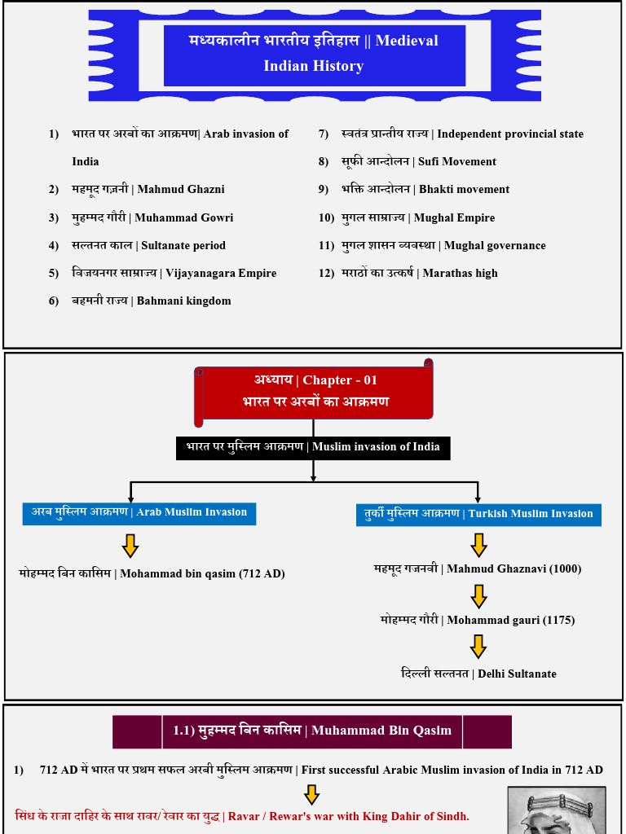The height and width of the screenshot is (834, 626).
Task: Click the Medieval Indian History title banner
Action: pyautogui.click(x=314, y=55)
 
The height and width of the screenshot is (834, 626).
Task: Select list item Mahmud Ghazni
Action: pyautogui.click(x=148, y=190)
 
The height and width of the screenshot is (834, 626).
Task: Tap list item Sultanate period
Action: pyautogui.click(x=148, y=246)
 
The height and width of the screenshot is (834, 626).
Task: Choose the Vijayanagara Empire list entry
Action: pyautogui.click(x=174, y=274)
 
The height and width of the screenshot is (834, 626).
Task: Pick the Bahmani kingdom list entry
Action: pyautogui.click(x=151, y=301)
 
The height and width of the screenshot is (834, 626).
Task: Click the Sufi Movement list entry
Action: pyautogui.click(x=418, y=162)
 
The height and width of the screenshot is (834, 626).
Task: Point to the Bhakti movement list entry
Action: pyautogui.click(x=425, y=190)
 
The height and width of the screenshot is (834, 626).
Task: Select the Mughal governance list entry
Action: pyautogui.click(x=443, y=246)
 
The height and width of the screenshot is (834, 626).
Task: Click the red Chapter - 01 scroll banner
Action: pyautogui.click(x=315, y=392)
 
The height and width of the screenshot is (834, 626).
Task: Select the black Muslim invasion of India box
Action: pyautogui.click(x=313, y=447)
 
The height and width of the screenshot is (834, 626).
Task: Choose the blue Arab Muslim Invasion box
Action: pyautogui.click(x=139, y=513)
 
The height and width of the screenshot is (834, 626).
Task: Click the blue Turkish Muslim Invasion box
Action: pyautogui.click(x=478, y=515)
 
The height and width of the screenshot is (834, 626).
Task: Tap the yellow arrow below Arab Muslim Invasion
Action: pyautogui.click(x=130, y=545)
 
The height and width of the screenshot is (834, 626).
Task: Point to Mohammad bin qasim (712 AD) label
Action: pyautogui.click(x=152, y=574)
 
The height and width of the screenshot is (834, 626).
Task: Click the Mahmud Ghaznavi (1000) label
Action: pyautogui.click(x=478, y=569)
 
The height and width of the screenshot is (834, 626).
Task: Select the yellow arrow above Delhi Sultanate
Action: pyautogui.click(x=478, y=647)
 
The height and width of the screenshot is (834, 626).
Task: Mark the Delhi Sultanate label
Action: pyautogui.click(x=478, y=674)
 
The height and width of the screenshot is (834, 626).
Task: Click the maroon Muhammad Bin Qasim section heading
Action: pyautogui.click(x=312, y=731)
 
